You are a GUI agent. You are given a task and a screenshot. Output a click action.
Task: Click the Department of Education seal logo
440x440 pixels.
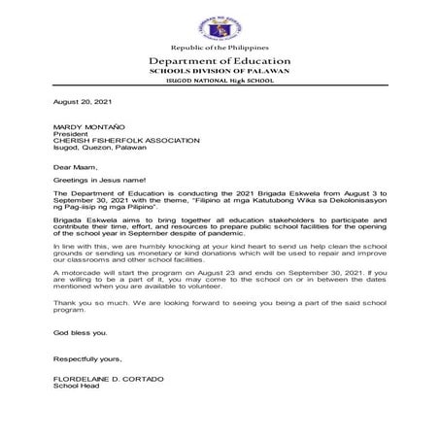tap(220, 23)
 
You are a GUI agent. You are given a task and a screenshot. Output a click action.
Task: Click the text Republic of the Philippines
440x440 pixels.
tap(220, 49)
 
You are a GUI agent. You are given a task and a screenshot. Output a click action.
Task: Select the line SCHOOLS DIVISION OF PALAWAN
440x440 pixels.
tap(220, 73)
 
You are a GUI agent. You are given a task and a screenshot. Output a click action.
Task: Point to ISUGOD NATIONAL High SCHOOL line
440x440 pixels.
tap(220, 84)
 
